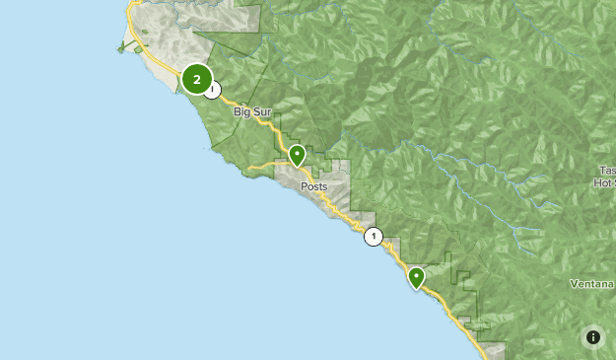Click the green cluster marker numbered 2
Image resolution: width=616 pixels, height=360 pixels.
[x=197, y=79]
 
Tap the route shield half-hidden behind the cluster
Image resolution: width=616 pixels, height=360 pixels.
[x=214, y=89]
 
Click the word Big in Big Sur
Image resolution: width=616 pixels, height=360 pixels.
[x=242, y=112]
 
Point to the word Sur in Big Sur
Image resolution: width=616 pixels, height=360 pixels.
[x=262, y=112]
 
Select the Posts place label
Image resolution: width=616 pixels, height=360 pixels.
[x=314, y=186]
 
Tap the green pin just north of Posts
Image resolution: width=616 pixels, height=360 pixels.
[x=298, y=156]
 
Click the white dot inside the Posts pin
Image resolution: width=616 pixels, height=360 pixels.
[x=298, y=153]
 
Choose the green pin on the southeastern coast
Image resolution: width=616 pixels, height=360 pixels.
[x=417, y=277]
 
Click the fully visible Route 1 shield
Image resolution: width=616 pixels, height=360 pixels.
[x=374, y=237]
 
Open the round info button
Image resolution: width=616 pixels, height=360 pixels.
[x=592, y=336]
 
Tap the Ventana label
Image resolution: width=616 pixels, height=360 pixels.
[x=591, y=284]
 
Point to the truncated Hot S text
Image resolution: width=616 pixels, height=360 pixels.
[x=604, y=182]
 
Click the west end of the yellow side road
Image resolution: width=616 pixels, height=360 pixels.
[x=250, y=168]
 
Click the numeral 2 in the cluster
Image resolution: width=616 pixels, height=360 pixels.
[x=197, y=79]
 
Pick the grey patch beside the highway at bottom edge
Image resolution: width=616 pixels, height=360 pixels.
[x=497, y=351]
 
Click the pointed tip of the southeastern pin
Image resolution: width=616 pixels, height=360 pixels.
[x=417, y=290]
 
